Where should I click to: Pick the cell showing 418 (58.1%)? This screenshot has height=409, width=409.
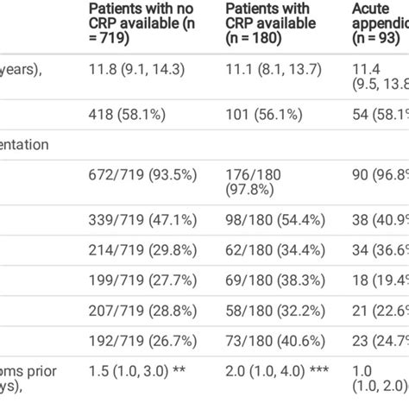(x=131, y=115)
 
